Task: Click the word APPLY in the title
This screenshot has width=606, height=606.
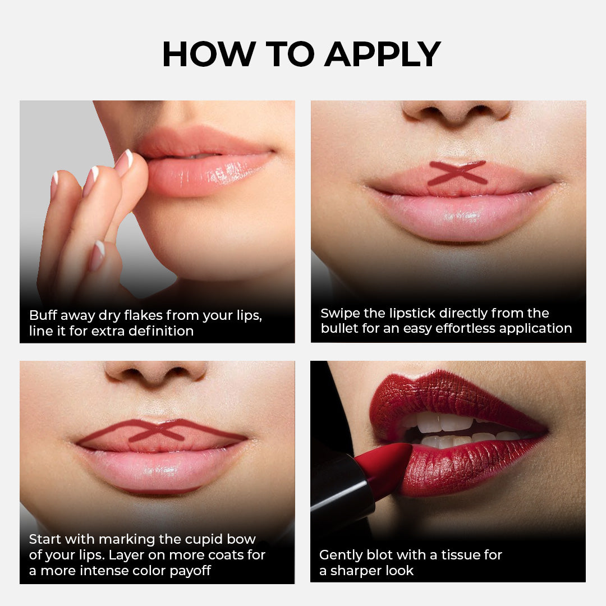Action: click(x=382, y=54)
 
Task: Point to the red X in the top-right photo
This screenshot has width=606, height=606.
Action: click(x=457, y=173)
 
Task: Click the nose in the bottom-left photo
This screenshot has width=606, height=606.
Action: click(x=155, y=372)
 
